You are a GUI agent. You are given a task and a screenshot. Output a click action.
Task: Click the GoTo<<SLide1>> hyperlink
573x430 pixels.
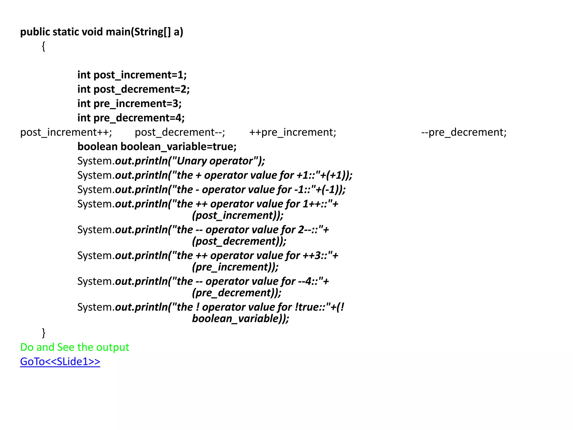(x=60, y=362)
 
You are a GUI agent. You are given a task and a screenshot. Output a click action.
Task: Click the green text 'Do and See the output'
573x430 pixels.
(x=75, y=347)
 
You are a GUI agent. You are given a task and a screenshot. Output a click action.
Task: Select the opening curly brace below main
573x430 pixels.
(x=43, y=46)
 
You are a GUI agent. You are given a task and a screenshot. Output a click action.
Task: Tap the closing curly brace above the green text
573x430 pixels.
(x=43, y=333)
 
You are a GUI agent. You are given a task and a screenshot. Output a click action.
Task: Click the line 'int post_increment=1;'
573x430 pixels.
(x=132, y=75)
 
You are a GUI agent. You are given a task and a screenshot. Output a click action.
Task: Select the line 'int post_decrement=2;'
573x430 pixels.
(x=133, y=89)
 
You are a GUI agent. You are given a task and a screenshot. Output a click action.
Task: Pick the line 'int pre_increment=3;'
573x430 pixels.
(x=129, y=104)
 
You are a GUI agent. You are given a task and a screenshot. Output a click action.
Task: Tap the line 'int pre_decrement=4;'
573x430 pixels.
(x=131, y=118)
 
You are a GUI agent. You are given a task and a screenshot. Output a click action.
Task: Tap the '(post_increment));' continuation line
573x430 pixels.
(x=238, y=215)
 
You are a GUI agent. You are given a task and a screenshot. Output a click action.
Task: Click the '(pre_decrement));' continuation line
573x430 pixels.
(x=236, y=293)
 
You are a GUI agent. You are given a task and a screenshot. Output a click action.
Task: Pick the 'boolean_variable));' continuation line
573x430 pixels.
(x=240, y=319)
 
